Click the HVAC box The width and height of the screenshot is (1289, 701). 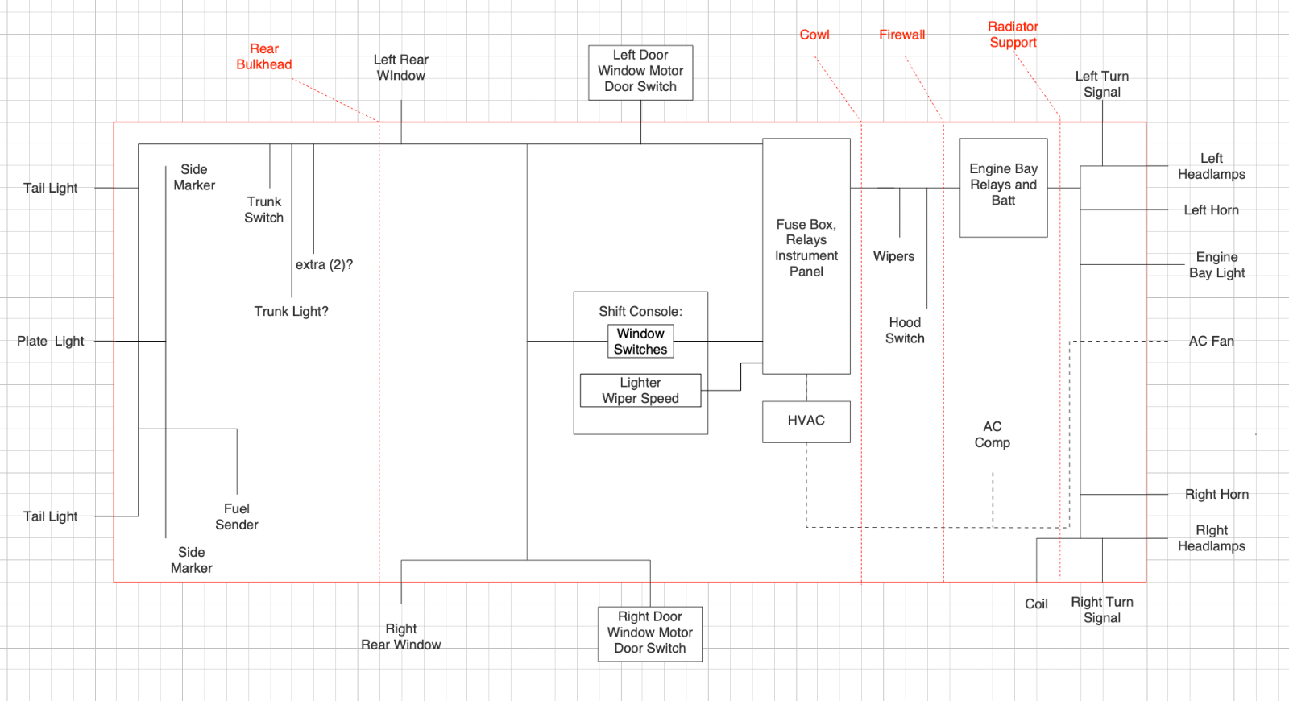[806, 421]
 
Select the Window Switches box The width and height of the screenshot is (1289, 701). [640, 342]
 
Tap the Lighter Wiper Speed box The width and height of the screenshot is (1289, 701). [640, 391]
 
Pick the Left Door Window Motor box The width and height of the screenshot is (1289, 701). [640, 72]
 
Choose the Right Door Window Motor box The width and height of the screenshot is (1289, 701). [649, 633]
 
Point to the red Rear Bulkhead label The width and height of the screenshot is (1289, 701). [264, 57]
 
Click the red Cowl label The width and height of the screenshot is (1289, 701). [814, 35]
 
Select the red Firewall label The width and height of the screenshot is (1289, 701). [901, 35]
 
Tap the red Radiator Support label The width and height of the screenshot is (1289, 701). [1013, 35]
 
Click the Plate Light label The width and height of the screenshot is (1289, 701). [51, 342]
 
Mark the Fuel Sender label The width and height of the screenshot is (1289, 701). [237, 516]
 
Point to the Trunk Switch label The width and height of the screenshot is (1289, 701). [264, 209]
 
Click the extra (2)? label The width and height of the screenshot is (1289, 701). [324, 265]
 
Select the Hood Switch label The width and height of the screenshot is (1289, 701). [905, 330]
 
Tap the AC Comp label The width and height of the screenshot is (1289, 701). [992, 434]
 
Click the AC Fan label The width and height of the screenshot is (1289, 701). [1211, 342]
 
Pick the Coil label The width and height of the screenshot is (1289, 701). [1036, 604]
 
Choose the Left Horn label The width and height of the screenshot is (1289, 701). [1211, 210]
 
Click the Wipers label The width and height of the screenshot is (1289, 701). [893, 257]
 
